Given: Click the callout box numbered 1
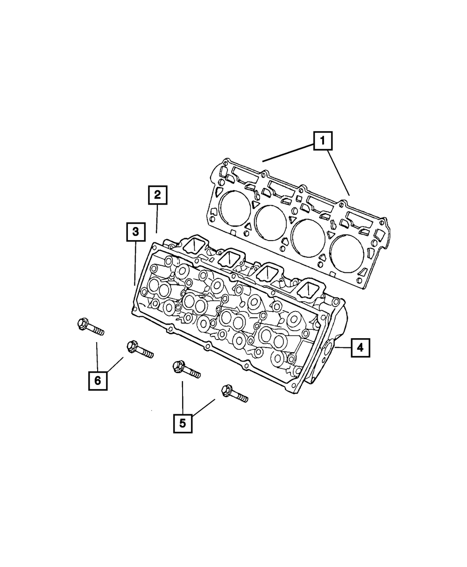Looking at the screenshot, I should tap(323, 141).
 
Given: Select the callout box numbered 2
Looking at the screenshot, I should tap(157, 195).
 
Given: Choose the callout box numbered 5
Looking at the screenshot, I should tap(183, 423).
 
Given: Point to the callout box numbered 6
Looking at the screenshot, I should tap(98, 381).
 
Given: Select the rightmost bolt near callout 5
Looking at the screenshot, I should tap(234, 394).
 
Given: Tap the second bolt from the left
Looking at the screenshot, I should tap(140, 350).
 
